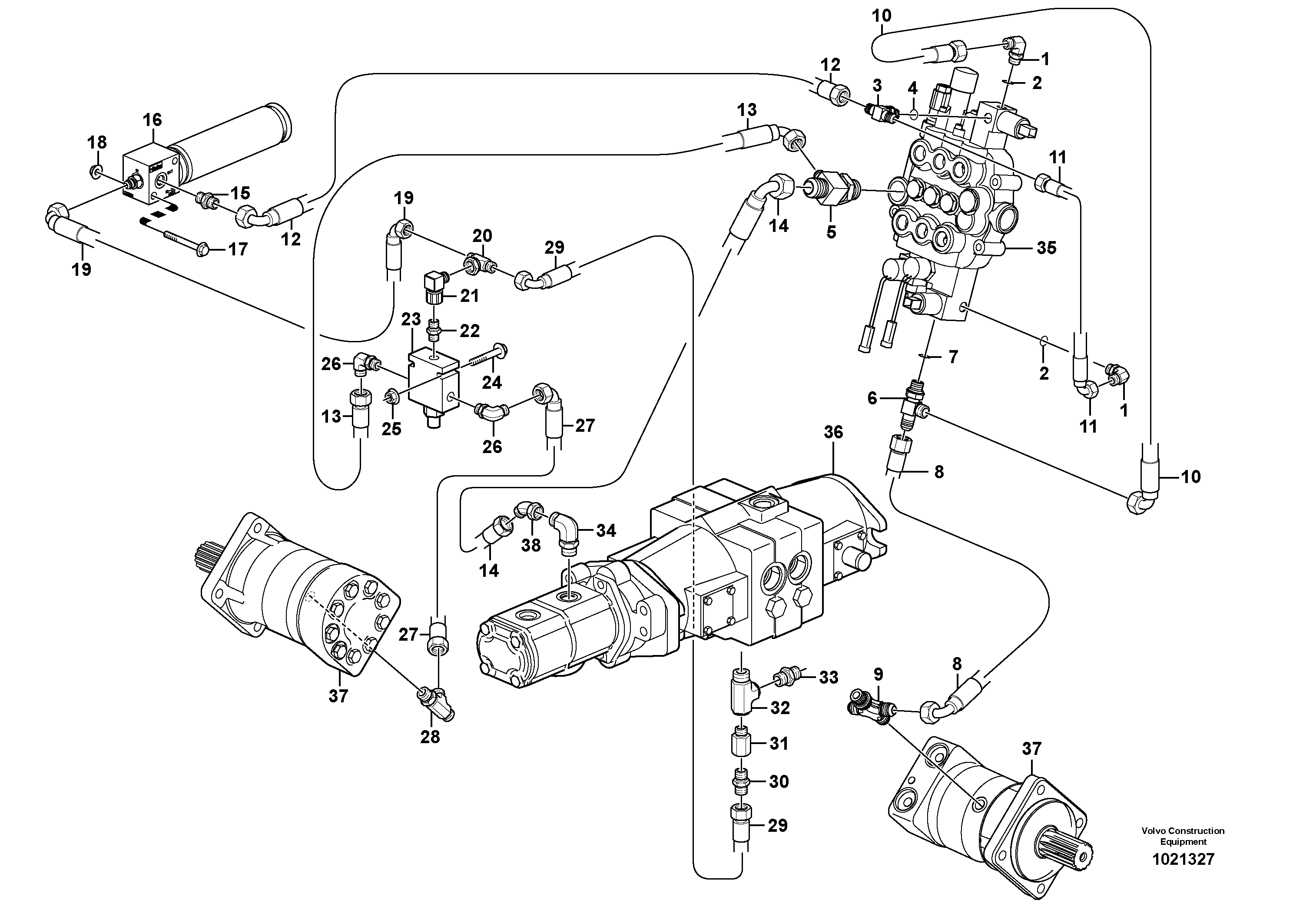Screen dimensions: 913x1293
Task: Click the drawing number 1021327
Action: pos(1183,860)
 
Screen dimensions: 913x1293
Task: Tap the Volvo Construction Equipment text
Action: pos(1183,836)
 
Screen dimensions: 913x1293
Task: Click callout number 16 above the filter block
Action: pos(152,120)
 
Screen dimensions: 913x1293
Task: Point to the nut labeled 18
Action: pos(97,171)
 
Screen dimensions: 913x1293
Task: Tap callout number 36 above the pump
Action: pos(833,432)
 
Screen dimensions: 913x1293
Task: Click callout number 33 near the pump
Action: pos(829,678)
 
